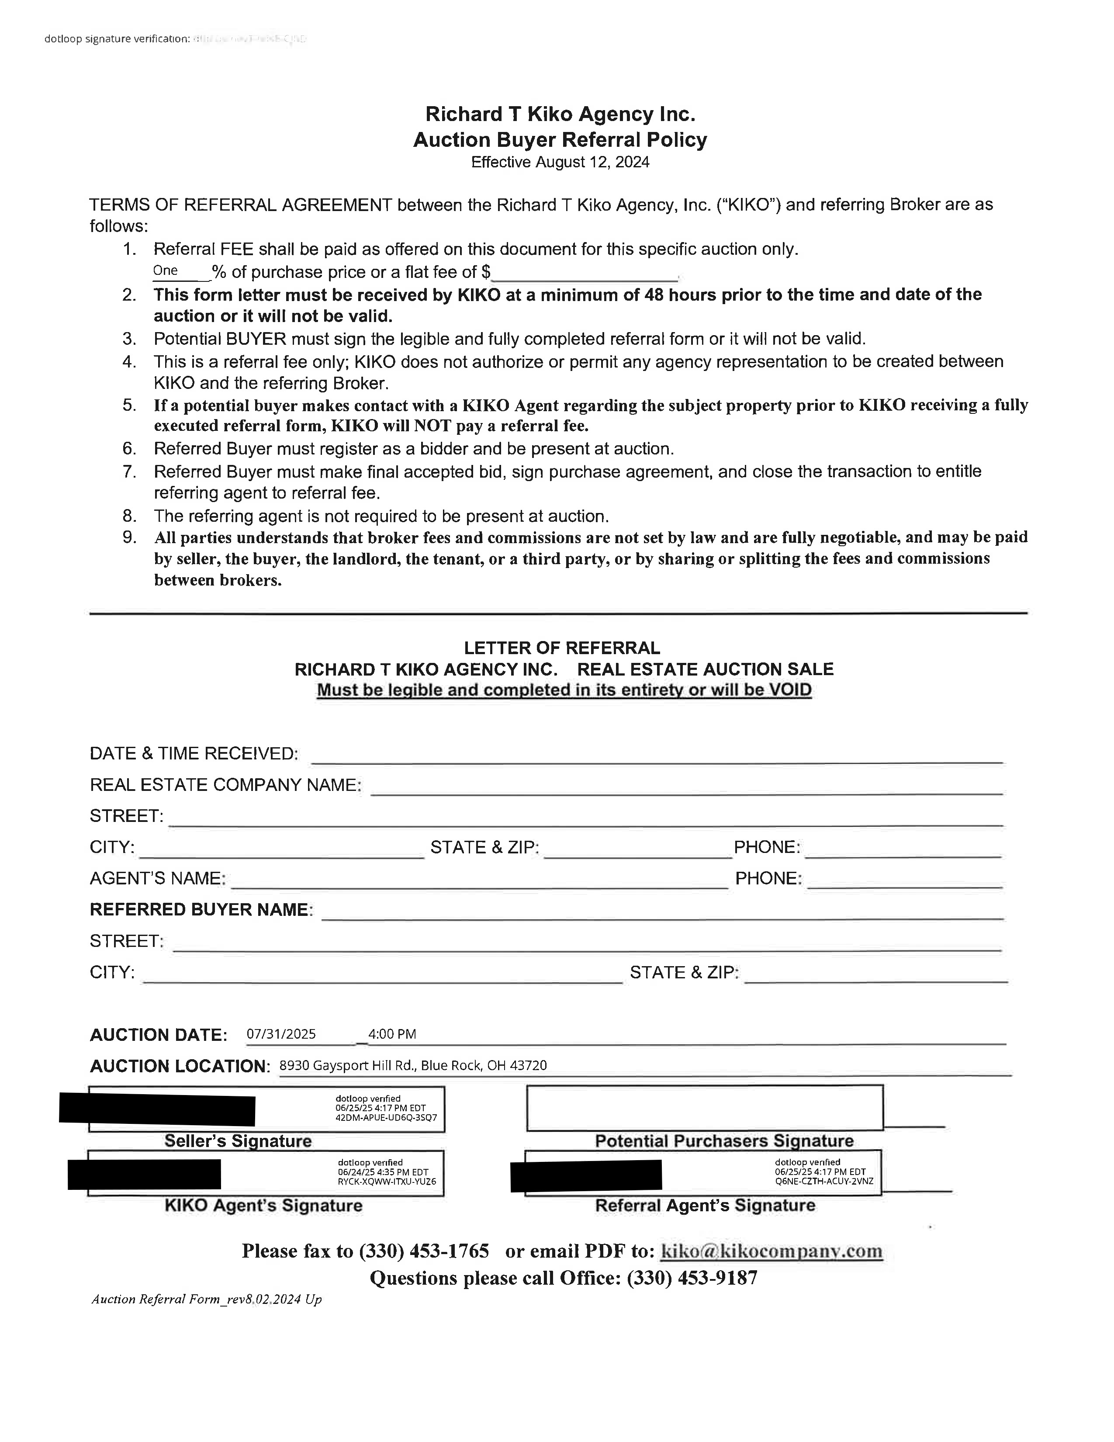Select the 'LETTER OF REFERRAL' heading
pos(562,648)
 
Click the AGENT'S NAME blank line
pos(479,881)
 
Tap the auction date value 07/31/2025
pos(281,1034)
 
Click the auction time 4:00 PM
pos(392,1034)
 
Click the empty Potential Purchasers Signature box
pos(704,1107)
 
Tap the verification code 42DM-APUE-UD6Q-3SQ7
pos(386,1118)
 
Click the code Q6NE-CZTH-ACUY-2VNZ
pos(824,1181)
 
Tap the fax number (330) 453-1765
pos(424,1251)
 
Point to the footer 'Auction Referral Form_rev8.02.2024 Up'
pos(207,1300)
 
